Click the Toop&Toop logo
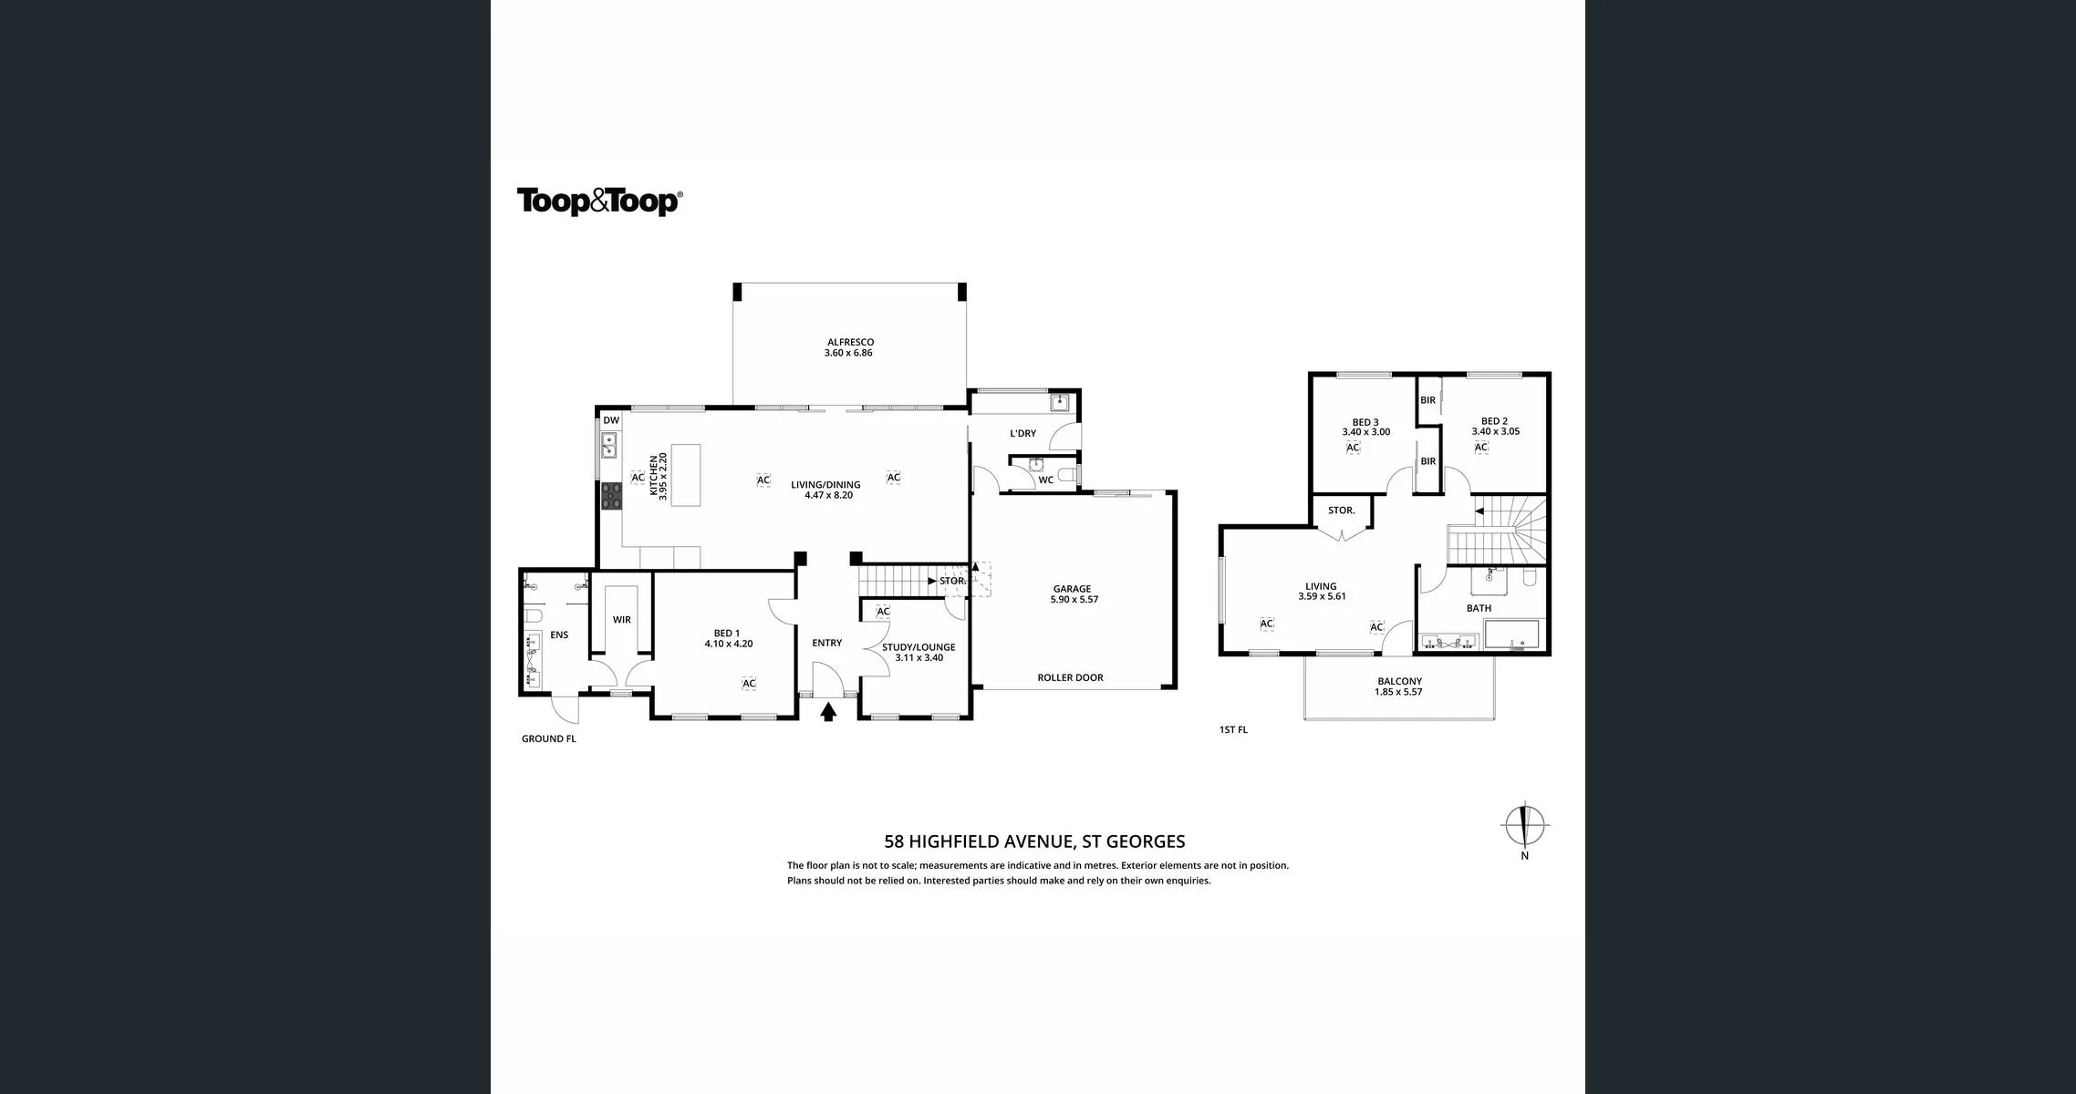pos(599,201)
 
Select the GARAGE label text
pos(1072,589)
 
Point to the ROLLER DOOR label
pos(1070,677)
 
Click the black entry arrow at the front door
pos(828,712)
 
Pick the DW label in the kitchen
pos(611,420)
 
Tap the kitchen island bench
pos(686,475)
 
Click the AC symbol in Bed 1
pos(749,684)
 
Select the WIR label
pos(621,620)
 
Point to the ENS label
pos(559,635)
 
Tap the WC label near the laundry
pos(1045,480)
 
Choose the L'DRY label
pos(1023,434)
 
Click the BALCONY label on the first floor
pos(1399,681)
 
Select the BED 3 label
pos(1365,422)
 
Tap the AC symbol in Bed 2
pos(1481,448)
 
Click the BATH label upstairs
pos(1479,608)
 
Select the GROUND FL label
pos(549,738)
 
